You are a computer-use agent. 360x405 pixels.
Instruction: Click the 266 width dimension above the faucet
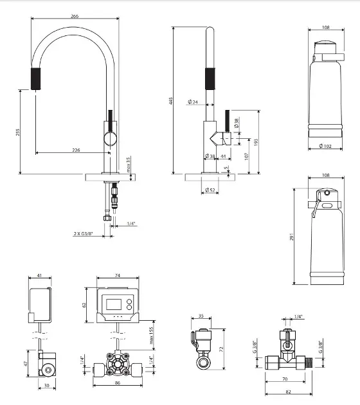click(x=75, y=16)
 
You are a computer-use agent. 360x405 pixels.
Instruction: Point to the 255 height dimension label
click(x=17, y=132)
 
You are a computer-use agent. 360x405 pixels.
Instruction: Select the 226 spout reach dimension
click(x=76, y=150)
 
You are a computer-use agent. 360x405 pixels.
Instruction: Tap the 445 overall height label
click(x=170, y=101)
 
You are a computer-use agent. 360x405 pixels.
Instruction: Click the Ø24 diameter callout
click(x=193, y=102)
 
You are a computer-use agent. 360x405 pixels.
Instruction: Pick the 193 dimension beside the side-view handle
click(x=256, y=142)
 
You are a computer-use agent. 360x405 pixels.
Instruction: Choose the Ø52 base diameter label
click(x=210, y=190)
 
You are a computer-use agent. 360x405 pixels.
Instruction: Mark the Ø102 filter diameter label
click(x=325, y=146)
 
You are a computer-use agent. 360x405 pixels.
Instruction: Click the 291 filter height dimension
click(x=292, y=237)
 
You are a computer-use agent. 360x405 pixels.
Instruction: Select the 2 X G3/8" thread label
click(x=83, y=234)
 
